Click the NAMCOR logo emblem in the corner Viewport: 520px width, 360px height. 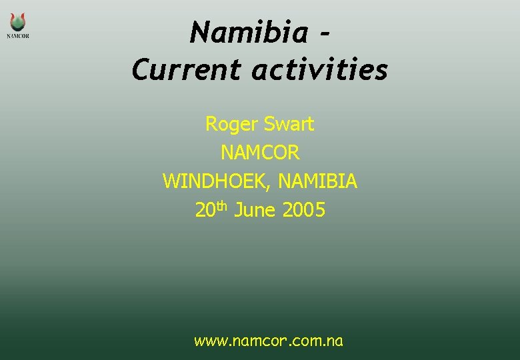[18, 21]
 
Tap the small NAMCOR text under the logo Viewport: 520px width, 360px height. [18, 36]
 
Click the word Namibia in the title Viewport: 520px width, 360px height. [249, 33]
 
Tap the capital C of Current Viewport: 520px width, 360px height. [141, 69]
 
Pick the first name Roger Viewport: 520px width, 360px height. [231, 125]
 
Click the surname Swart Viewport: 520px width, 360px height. [289, 124]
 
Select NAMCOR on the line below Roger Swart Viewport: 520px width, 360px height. [260, 153]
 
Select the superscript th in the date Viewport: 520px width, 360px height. [222, 206]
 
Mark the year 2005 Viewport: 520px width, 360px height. [304, 211]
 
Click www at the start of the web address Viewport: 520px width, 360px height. [208, 342]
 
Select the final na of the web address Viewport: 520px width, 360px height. [335, 342]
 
